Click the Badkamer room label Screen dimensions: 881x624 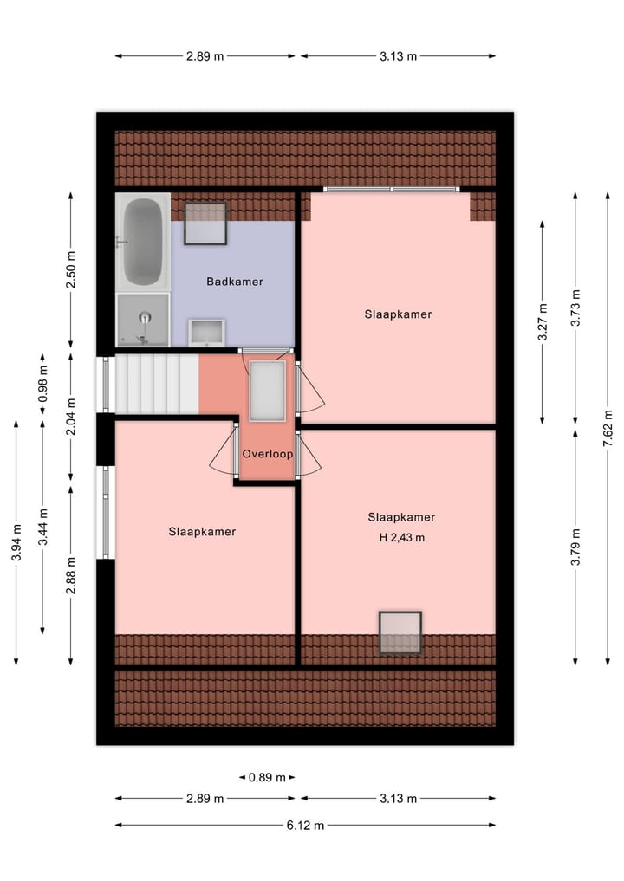tap(234, 282)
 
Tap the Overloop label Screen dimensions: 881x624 tap(268, 453)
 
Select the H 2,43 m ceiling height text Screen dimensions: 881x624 tap(401, 537)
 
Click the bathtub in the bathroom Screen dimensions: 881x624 tap(143, 242)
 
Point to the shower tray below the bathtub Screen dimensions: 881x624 tap(143, 318)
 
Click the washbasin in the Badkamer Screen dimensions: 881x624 tap(206, 332)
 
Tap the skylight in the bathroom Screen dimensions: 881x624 tap(205, 223)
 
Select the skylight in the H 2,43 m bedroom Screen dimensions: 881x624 tap(400, 632)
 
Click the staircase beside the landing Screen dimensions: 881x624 tap(157, 384)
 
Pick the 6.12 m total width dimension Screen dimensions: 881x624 tap(305, 825)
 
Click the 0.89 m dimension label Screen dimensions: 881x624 tap(267, 777)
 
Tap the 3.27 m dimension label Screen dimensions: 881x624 tap(543, 321)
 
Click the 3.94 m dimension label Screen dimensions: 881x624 tap(16, 542)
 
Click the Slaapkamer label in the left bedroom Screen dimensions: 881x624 tap(202, 532)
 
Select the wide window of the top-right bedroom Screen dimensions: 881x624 tap(392, 189)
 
